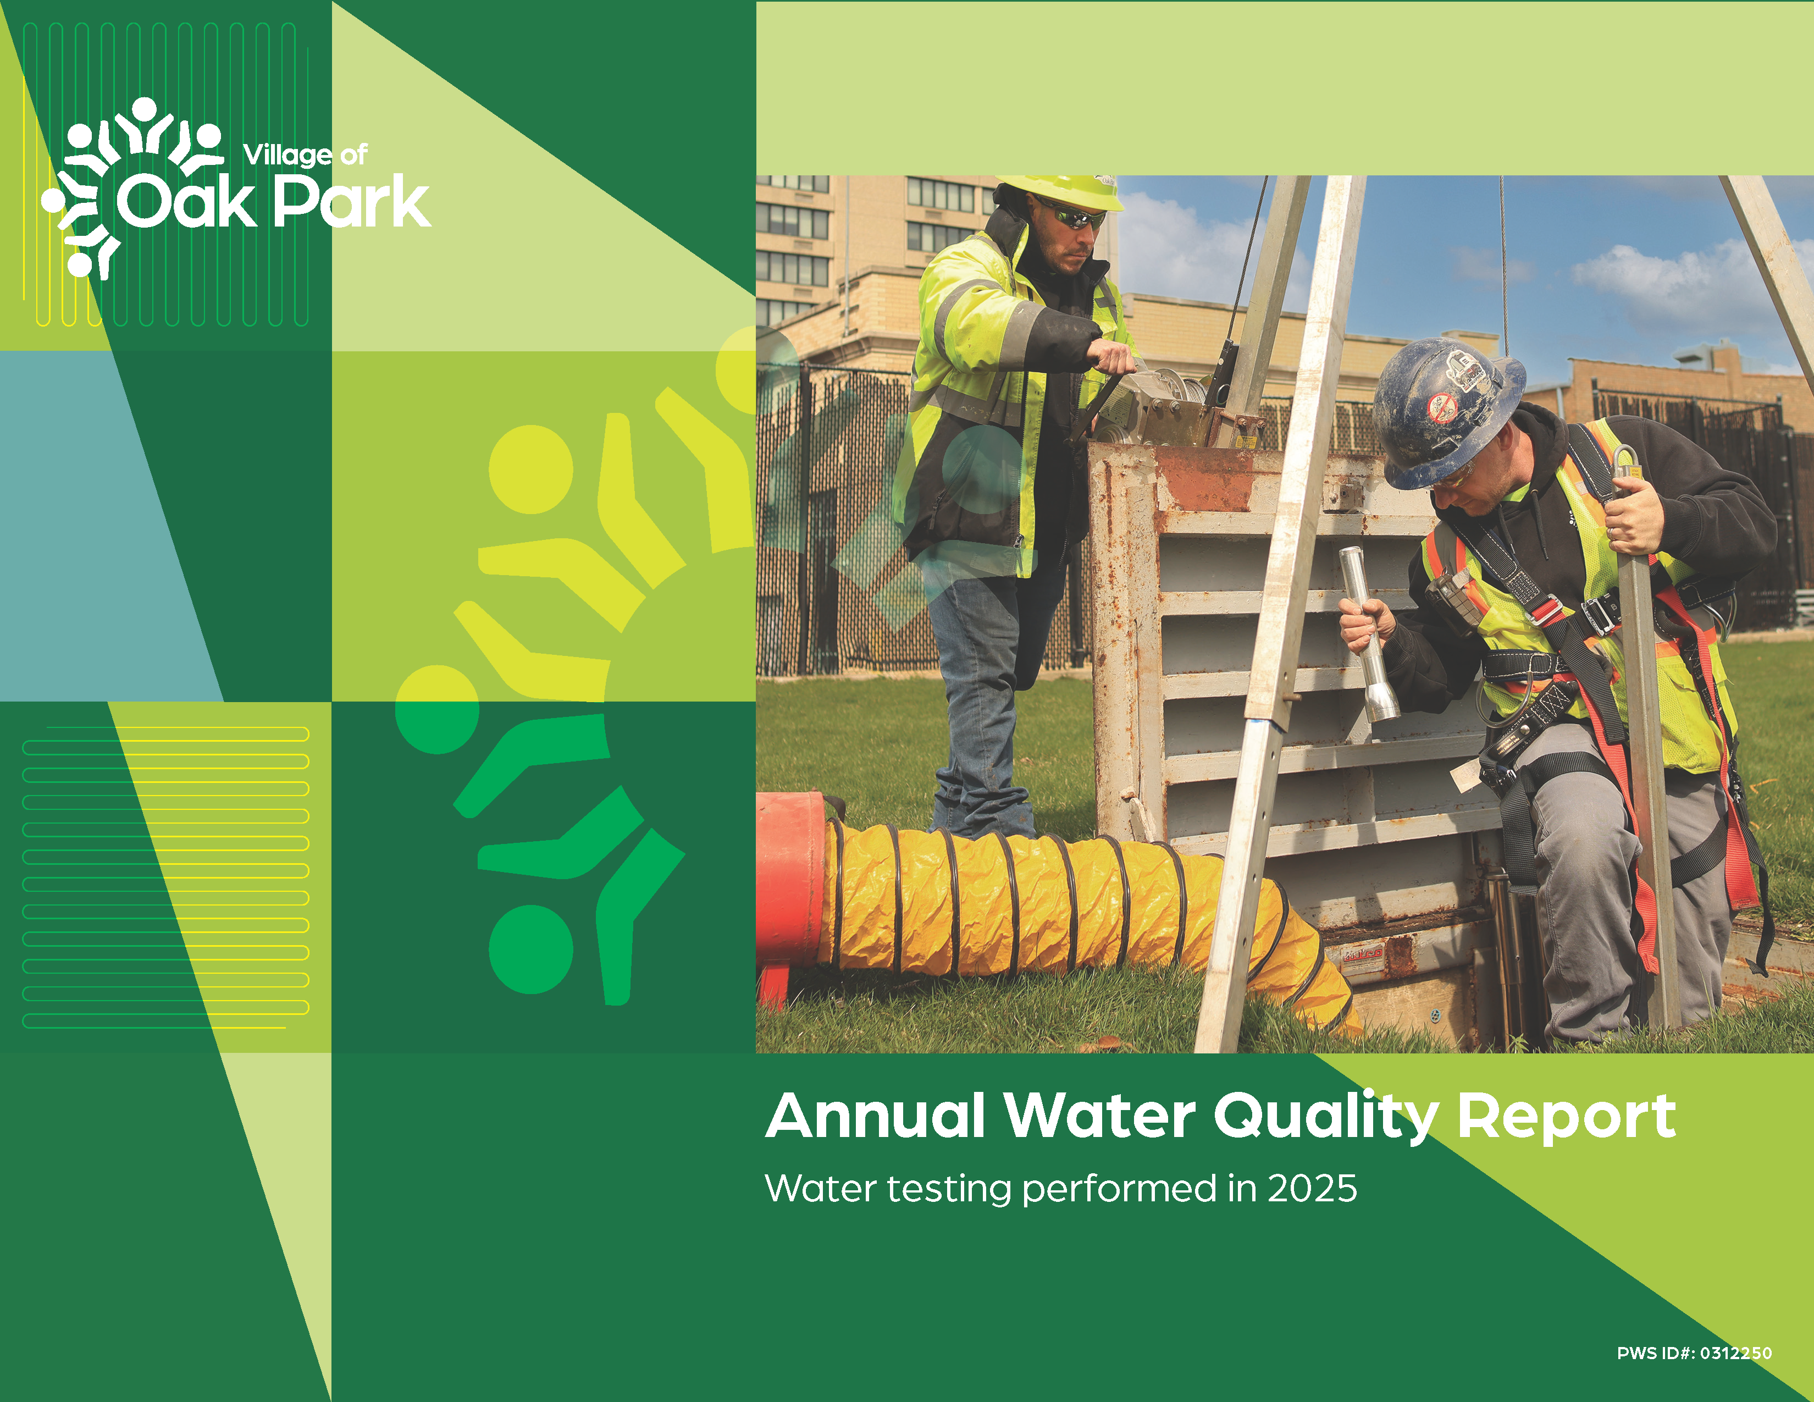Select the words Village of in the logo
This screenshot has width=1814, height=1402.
point(305,154)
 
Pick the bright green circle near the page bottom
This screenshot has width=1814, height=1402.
point(530,948)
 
